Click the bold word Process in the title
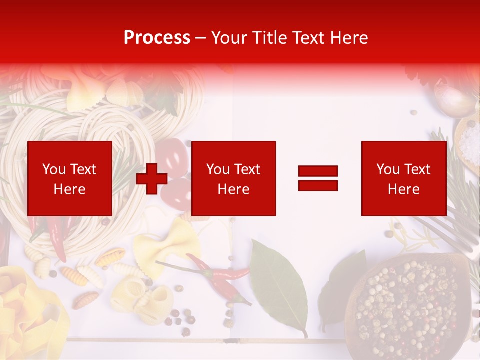pyautogui.click(x=157, y=38)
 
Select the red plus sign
pyautogui.click(x=152, y=178)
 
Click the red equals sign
pyautogui.click(x=318, y=178)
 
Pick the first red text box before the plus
pyautogui.click(x=70, y=178)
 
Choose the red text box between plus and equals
pyautogui.click(x=233, y=178)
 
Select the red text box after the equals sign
pyautogui.click(x=404, y=178)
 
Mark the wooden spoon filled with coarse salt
pyautogui.click(x=468, y=140)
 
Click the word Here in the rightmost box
pyautogui.click(x=404, y=189)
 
